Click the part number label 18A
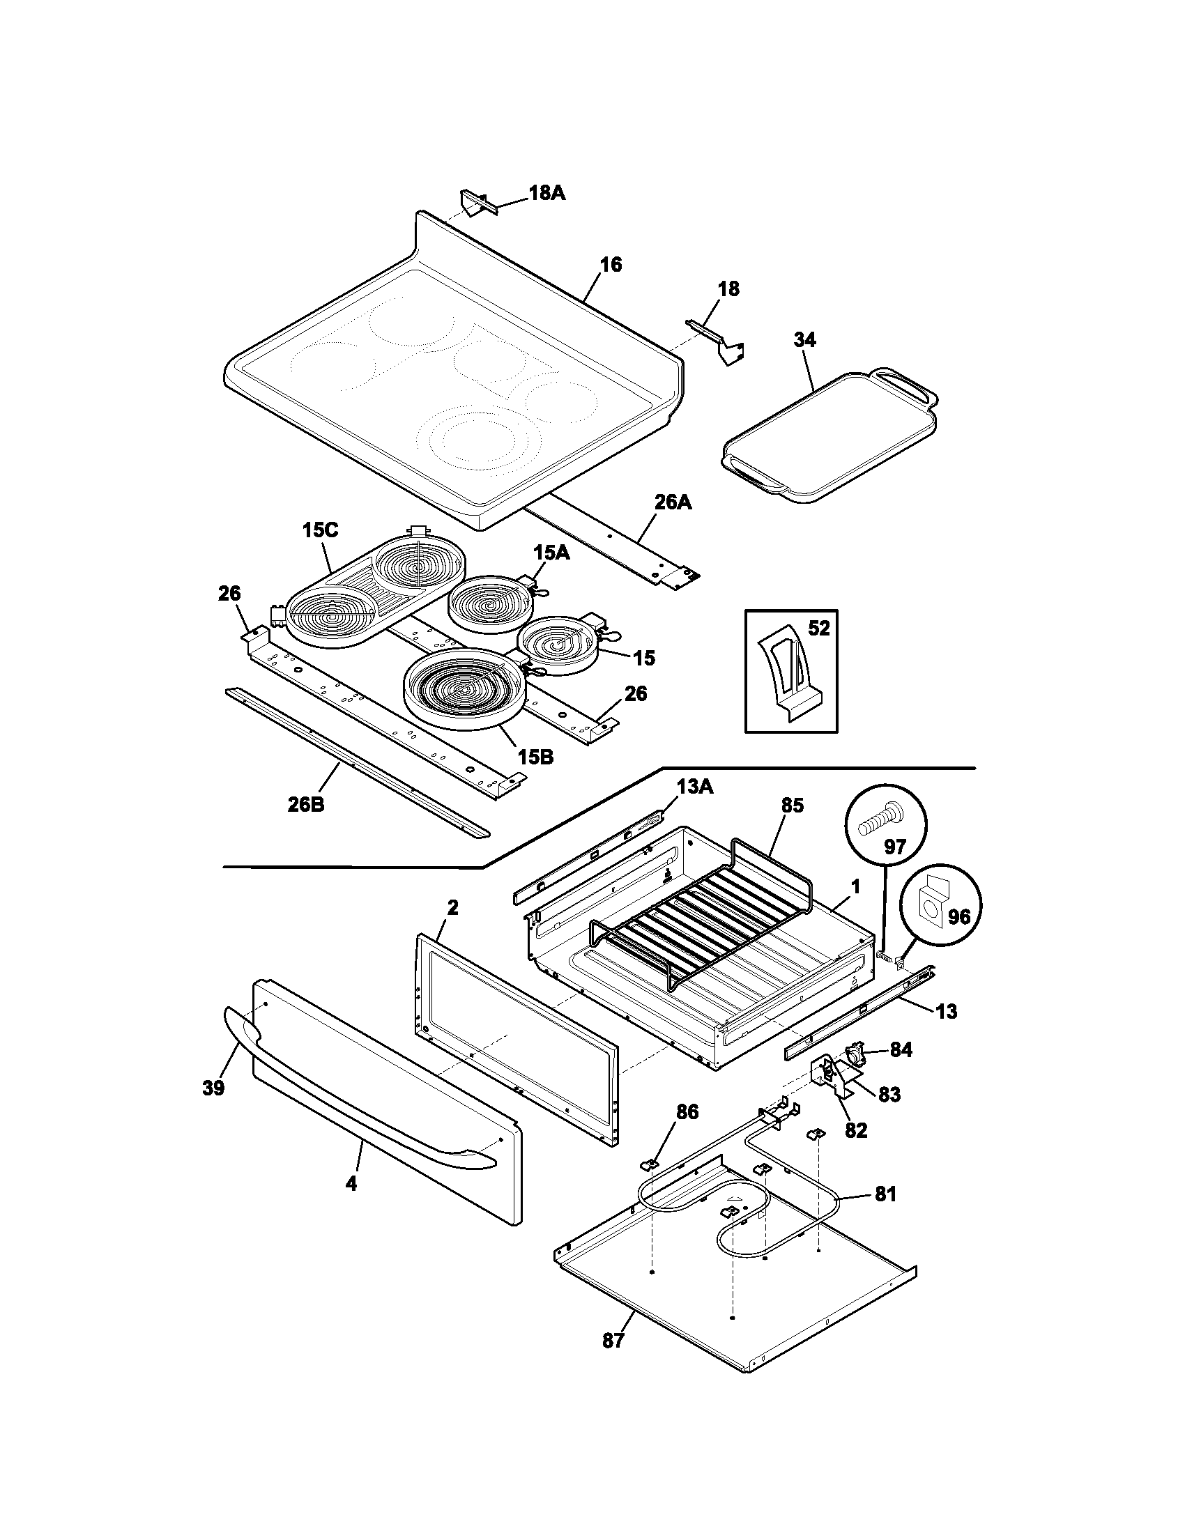pyautogui.click(x=546, y=193)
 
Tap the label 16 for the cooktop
pyautogui.click(x=611, y=265)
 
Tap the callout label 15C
pyautogui.click(x=320, y=530)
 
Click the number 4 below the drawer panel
pyautogui.click(x=351, y=1183)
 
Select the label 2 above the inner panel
pyautogui.click(x=453, y=907)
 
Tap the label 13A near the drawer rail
pyautogui.click(x=695, y=787)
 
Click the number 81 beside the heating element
pyautogui.click(x=885, y=1194)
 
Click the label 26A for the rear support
pyautogui.click(x=673, y=502)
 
